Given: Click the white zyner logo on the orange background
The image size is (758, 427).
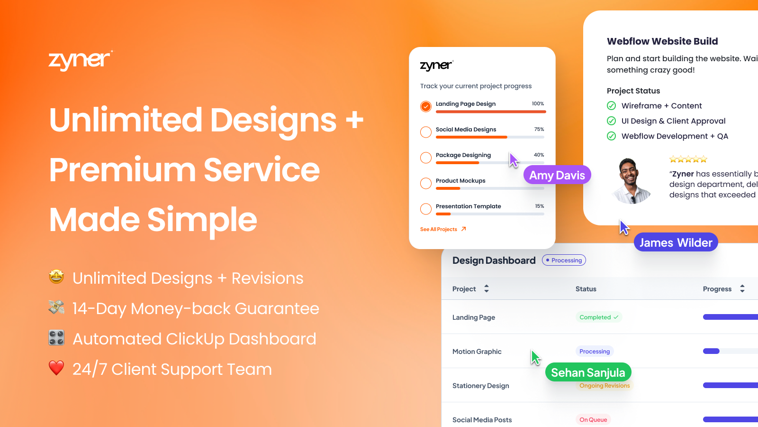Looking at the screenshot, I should (80, 60).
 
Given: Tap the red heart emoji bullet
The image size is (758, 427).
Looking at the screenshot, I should (56, 368).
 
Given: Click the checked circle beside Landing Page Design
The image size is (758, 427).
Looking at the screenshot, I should (426, 106).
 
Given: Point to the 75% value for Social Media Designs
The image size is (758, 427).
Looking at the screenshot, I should (539, 129).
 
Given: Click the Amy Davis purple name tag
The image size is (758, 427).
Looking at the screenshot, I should (557, 175).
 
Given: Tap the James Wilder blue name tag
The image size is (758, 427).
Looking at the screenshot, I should (676, 242).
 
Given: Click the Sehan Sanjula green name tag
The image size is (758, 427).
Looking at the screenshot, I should (588, 372).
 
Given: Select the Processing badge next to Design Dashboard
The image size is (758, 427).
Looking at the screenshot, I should (564, 260).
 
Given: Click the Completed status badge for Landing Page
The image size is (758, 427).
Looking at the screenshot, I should (598, 317).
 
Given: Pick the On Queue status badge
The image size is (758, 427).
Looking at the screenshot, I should (593, 419).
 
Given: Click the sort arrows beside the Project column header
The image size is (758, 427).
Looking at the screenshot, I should (487, 288).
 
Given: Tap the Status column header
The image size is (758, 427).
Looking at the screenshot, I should (586, 289).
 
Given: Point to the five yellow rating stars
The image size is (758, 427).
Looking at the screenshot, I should (688, 159).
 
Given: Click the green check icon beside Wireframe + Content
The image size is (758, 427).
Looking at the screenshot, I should (612, 106).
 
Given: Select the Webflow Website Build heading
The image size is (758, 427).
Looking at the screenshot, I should (662, 41).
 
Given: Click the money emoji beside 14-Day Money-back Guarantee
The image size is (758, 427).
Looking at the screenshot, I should (56, 307).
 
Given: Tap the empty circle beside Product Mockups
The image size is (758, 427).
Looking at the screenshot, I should (426, 183).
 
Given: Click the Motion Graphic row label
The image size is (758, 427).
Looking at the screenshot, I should (477, 352).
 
